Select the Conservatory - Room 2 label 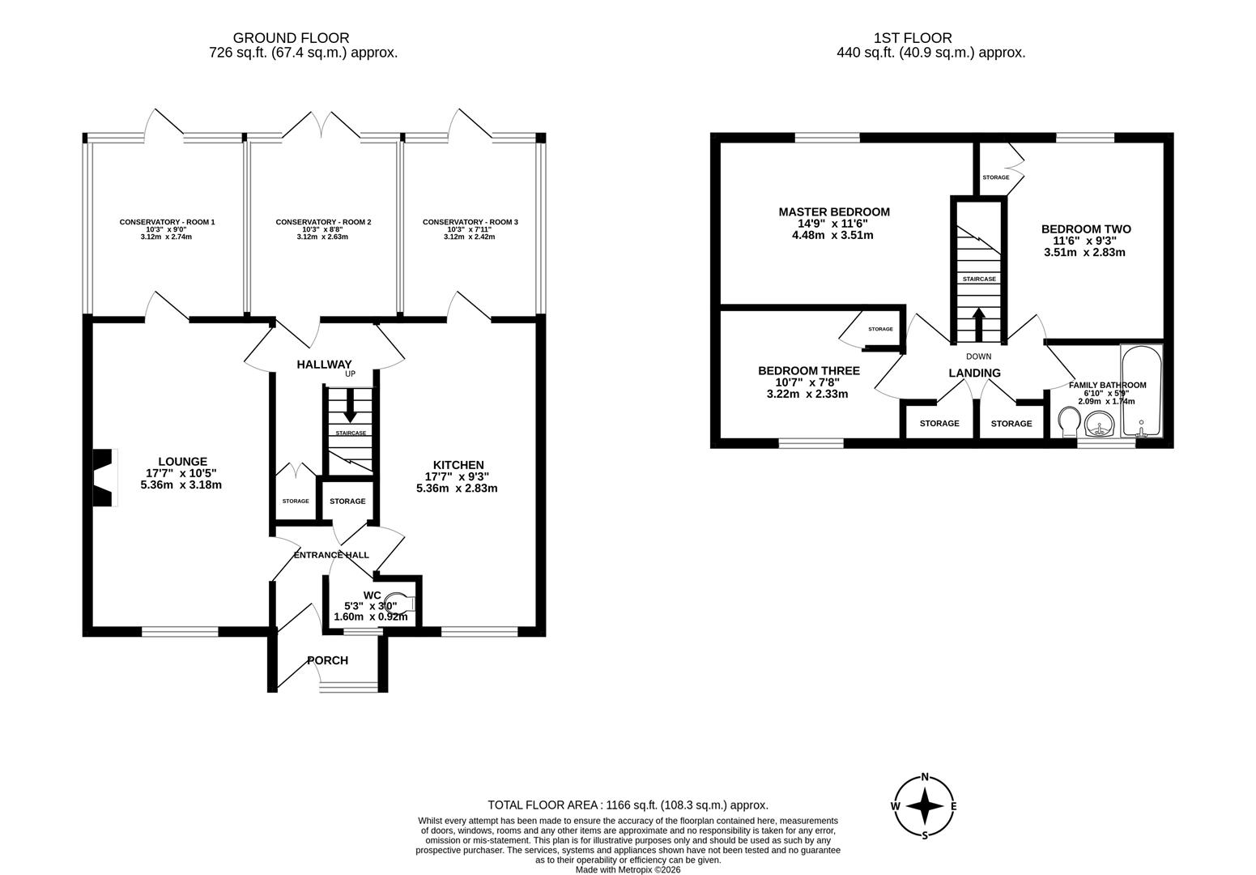pyautogui.click(x=323, y=222)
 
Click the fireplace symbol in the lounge pyautogui.click(x=104, y=478)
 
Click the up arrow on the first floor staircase pyautogui.click(x=978, y=323)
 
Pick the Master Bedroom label pyautogui.click(x=834, y=212)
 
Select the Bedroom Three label pyautogui.click(x=808, y=371)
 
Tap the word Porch pyautogui.click(x=327, y=660)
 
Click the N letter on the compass pyautogui.click(x=925, y=775)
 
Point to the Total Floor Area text pyautogui.click(x=628, y=805)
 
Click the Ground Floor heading pyautogui.click(x=291, y=38)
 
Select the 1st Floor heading pyautogui.click(x=913, y=38)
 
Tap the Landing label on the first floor pyautogui.click(x=974, y=373)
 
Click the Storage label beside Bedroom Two pyautogui.click(x=995, y=177)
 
